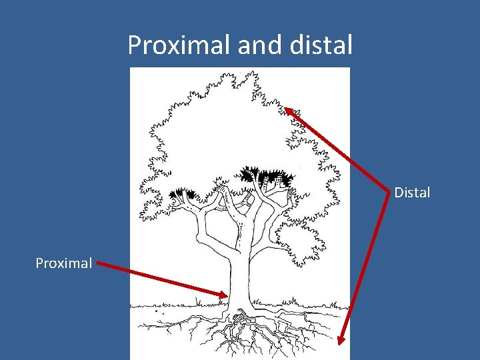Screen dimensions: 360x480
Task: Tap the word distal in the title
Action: pyautogui.click(x=322, y=45)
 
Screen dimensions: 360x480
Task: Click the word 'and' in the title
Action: pyautogui.click(x=254, y=45)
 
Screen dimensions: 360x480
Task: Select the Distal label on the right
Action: pyautogui.click(x=412, y=193)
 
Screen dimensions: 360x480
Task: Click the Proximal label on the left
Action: pyautogui.click(x=64, y=263)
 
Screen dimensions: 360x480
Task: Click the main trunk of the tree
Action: pyautogui.click(x=238, y=267)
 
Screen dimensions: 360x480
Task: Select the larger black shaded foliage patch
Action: pyautogui.click(x=267, y=177)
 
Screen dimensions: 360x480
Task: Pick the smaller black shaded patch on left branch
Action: pyautogui.click(x=181, y=195)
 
